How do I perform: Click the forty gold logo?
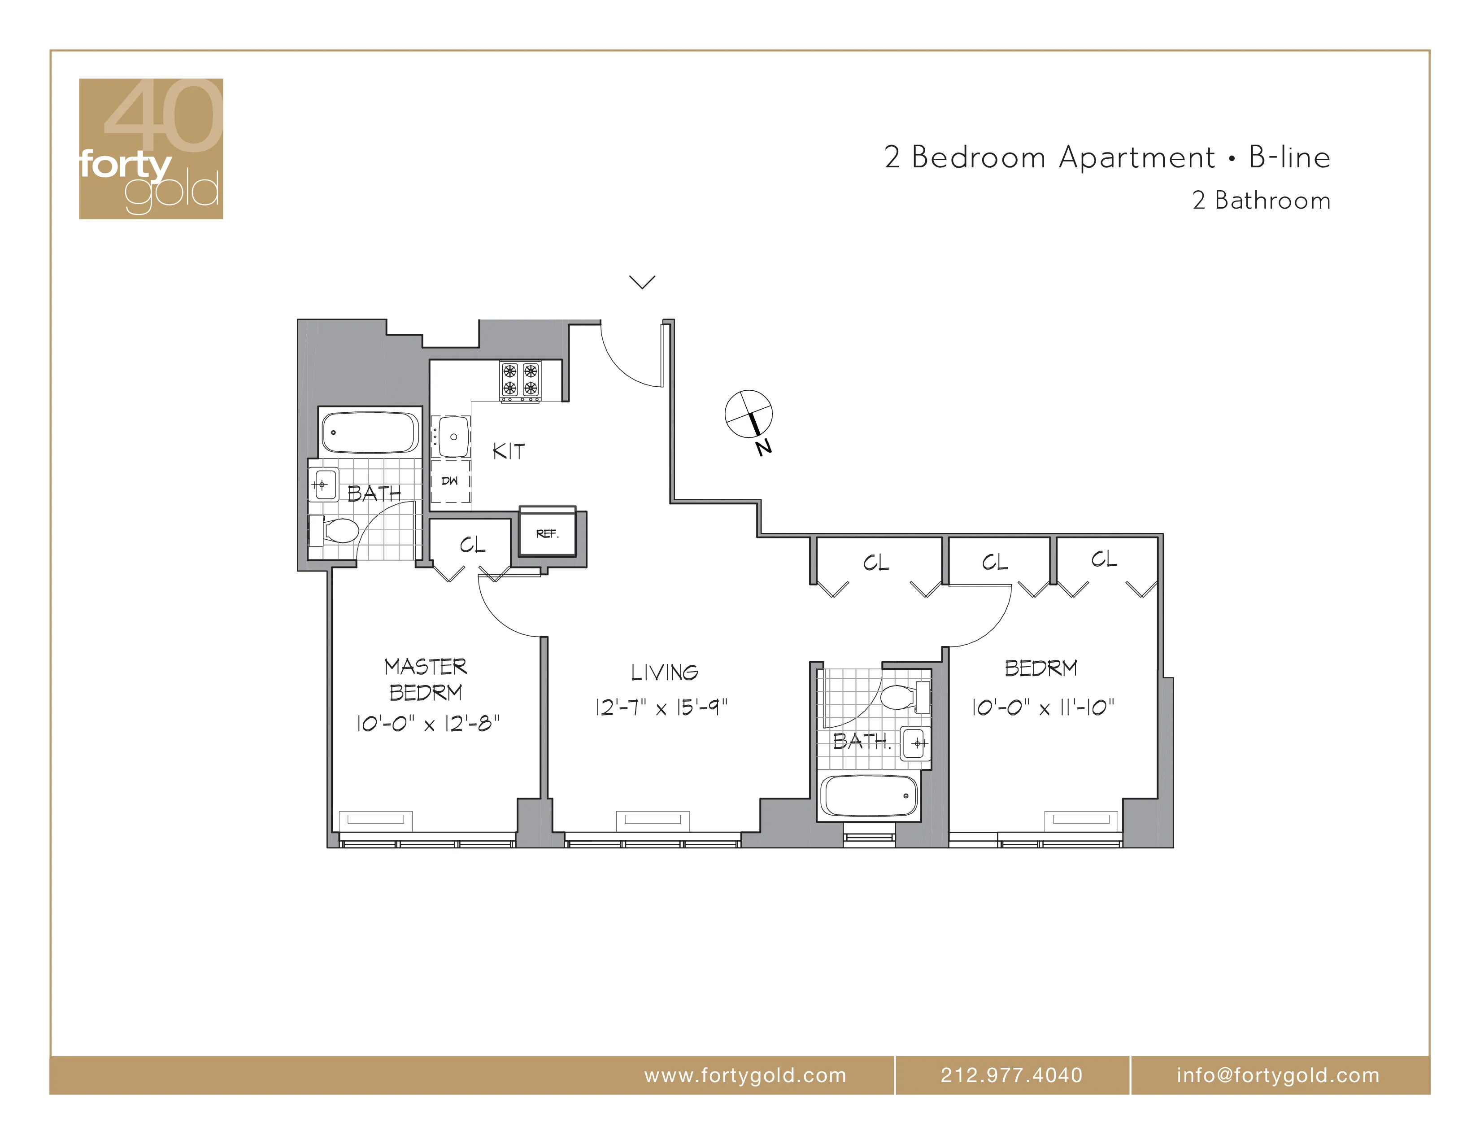[150, 148]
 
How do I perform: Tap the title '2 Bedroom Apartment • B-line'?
[1106, 157]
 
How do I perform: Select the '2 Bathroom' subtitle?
[1261, 201]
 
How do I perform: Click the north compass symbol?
[749, 415]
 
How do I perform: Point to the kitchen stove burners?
[520, 380]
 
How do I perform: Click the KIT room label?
[508, 451]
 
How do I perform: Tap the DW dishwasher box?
[450, 481]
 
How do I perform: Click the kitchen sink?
[453, 437]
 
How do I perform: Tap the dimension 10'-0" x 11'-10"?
[1042, 707]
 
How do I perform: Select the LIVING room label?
[664, 672]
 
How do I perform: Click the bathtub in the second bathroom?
[869, 796]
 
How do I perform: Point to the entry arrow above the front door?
[642, 282]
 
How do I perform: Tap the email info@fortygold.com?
[1277, 1075]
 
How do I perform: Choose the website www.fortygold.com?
[745, 1075]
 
